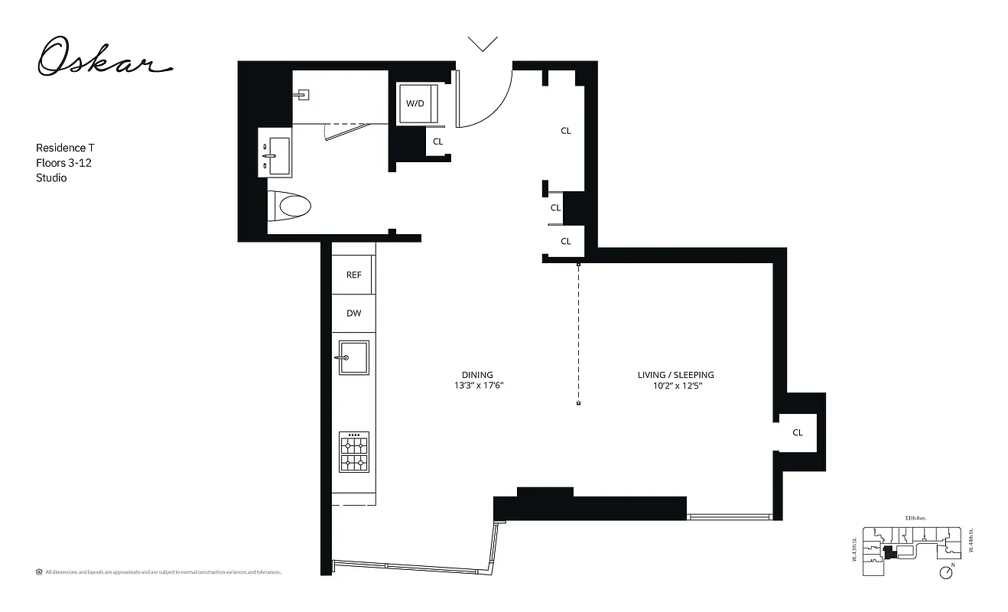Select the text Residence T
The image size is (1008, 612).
tap(65, 148)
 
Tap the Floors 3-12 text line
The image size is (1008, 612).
tap(63, 163)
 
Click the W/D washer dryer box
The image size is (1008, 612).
tap(415, 103)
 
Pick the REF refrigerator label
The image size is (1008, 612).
tap(353, 275)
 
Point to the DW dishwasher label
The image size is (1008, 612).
tap(353, 314)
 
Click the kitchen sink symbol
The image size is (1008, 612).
tap(354, 357)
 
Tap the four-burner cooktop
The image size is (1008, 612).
tap(354, 453)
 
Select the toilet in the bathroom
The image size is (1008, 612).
tap(291, 206)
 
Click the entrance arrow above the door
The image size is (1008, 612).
tap(483, 44)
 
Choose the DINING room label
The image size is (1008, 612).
tap(477, 375)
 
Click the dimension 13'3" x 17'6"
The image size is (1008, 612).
tap(477, 386)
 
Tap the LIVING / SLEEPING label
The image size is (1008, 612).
tap(675, 375)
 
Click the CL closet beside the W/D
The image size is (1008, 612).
tap(438, 142)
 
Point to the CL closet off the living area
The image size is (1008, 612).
tap(798, 433)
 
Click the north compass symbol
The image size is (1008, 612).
tap(948, 571)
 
